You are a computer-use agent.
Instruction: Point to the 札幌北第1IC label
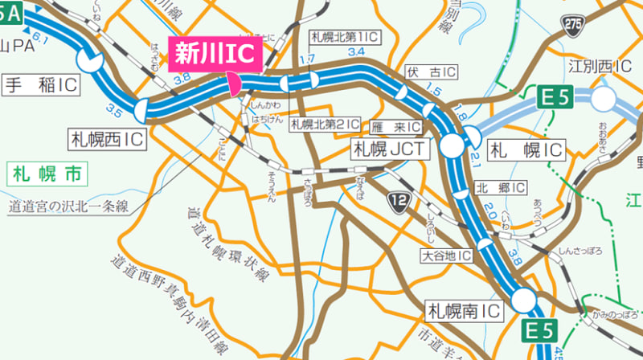point(345,37)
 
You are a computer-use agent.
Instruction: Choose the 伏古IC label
point(431,73)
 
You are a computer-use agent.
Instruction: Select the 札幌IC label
point(526,149)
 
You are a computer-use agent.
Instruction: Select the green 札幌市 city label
point(47,173)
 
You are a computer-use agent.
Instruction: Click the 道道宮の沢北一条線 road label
point(70,206)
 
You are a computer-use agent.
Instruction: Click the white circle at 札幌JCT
point(452,145)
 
